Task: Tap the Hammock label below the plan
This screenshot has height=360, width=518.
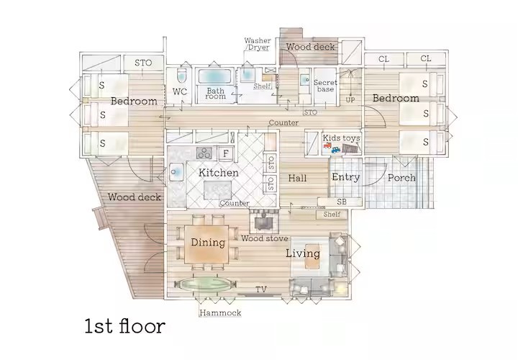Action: tap(220, 313)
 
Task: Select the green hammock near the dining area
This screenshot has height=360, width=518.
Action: tap(205, 284)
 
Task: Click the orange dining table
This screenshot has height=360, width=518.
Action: tap(207, 243)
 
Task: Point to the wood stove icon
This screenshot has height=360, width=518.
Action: tap(265, 220)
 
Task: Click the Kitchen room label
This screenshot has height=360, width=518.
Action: tap(219, 174)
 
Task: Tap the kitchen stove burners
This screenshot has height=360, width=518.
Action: tap(204, 153)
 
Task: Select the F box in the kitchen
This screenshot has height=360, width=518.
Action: tap(226, 153)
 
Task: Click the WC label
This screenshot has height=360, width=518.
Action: tap(181, 91)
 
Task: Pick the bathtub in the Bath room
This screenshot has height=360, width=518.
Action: tap(216, 77)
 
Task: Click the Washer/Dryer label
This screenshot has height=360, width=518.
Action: tap(258, 44)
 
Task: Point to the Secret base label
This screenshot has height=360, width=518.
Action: tap(325, 86)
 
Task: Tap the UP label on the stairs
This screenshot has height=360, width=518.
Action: tap(350, 99)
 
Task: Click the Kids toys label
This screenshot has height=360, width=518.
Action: tap(341, 138)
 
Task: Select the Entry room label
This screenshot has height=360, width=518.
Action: tap(345, 177)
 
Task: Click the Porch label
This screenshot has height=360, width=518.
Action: tap(401, 177)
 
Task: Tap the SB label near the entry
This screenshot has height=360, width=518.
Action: tap(341, 202)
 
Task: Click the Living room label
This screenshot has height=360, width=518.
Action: tap(302, 253)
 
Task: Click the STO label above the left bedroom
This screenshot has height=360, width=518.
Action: tap(143, 63)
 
